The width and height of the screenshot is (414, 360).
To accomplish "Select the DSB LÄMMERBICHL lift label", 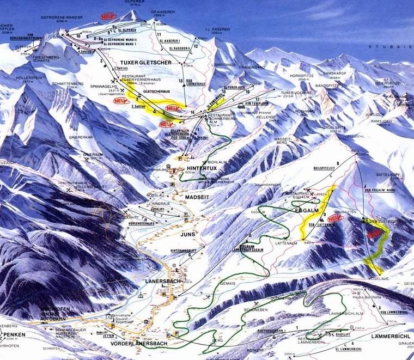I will tap(393, 312).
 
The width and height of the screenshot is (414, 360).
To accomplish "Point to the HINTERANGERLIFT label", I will tap(183, 250).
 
